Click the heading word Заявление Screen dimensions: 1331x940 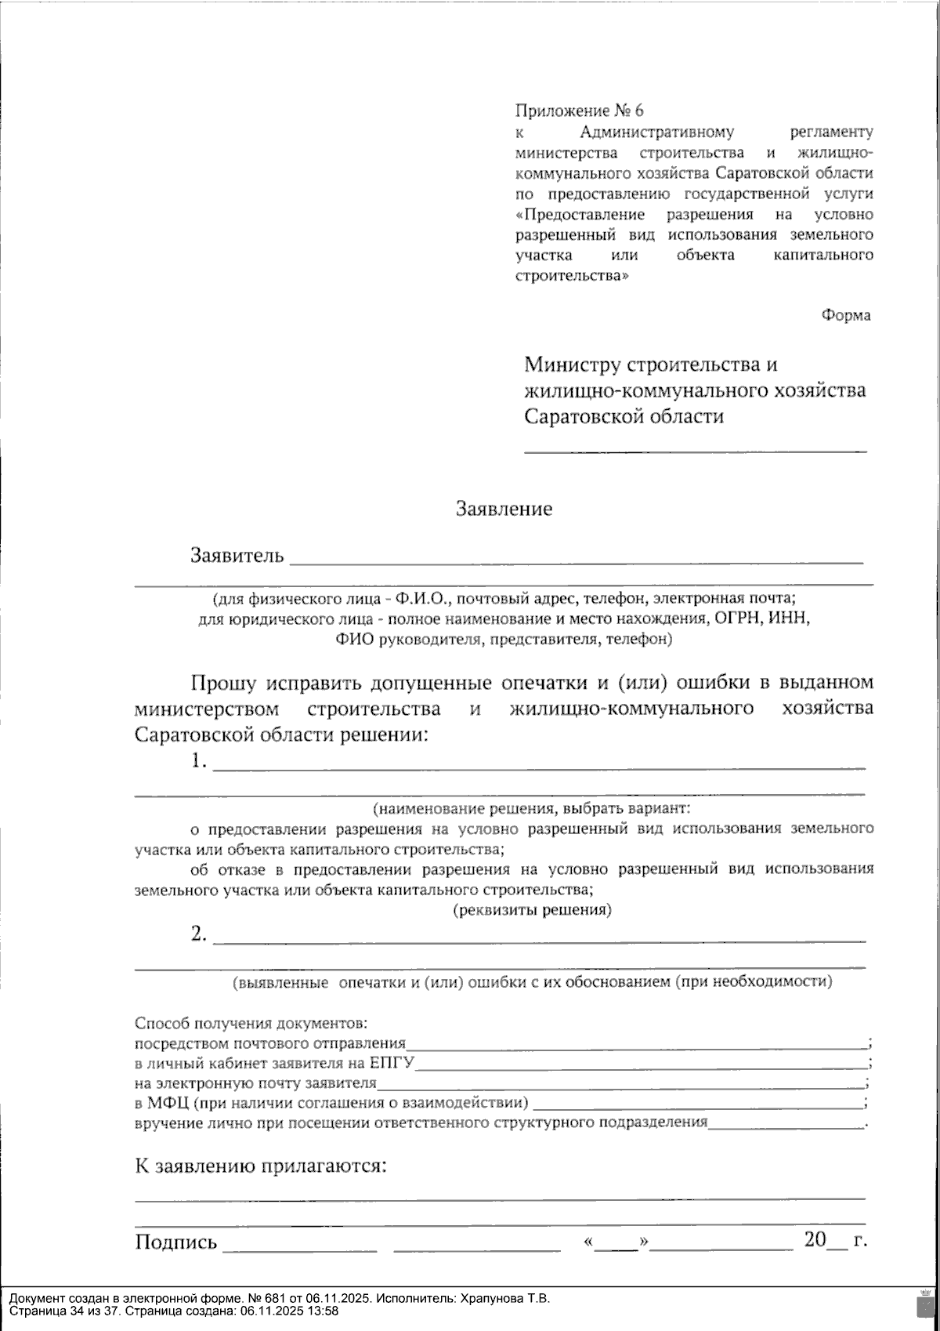(x=504, y=510)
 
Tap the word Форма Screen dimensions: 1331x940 (x=845, y=315)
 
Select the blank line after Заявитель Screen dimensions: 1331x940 (x=576, y=560)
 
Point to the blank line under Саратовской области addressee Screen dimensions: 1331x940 (x=695, y=450)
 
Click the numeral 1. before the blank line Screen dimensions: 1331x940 (x=199, y=761)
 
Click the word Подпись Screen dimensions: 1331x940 (x=175, y=1242)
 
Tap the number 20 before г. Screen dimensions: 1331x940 (x=815, y=1239)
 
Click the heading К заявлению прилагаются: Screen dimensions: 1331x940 (x=262, y=1166)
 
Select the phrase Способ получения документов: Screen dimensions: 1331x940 (x=251, y=1024)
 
